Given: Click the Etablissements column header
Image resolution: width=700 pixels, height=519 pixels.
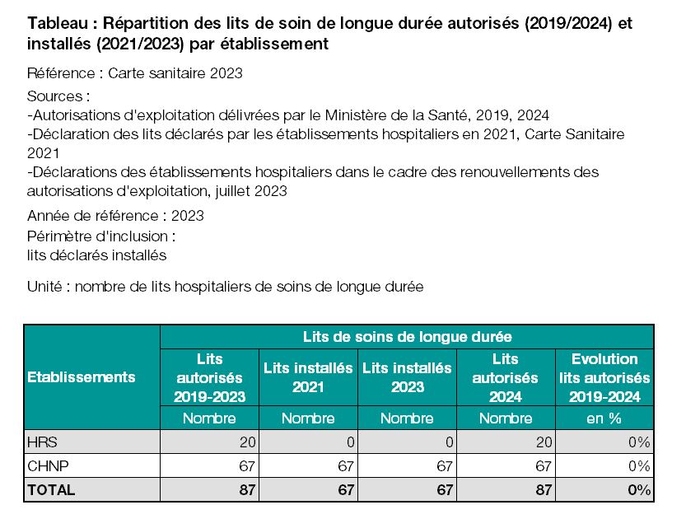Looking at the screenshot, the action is tap(82, 377).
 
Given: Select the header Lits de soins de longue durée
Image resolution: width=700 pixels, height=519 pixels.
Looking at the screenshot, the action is tap(407, 337).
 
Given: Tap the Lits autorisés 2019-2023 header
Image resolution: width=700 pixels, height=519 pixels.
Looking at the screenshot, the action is tap(209, 377).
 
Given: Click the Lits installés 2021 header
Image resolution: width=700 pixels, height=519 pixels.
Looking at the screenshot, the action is tap(308, 377).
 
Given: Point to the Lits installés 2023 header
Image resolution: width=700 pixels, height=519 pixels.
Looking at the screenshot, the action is tap(407, 377).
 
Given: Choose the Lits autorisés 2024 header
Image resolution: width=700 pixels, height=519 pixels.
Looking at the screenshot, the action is tap(506, 377).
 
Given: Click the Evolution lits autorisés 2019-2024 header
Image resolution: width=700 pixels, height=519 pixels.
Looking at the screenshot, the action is tap(604, 377).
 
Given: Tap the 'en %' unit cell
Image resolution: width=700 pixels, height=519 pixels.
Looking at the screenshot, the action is tap(604, 418).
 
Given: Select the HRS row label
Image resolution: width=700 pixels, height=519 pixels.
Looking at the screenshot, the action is tap(42, 442).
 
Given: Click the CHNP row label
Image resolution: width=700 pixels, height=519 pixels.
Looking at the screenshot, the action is tap(48, 466).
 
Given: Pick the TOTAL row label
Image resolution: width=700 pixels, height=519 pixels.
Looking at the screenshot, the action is tap(51, 490).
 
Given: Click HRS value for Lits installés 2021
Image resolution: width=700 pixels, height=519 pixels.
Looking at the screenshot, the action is tap(351, 442).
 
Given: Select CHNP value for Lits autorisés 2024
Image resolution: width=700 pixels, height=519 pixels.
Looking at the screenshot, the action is tap(544, 466).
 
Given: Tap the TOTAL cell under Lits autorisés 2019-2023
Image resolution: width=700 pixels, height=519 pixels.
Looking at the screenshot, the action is tap(247, 490).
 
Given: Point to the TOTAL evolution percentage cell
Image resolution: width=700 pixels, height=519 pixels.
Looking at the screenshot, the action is tap(639, 490).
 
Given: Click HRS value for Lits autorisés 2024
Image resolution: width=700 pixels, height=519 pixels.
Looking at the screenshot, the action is tap(544, 442).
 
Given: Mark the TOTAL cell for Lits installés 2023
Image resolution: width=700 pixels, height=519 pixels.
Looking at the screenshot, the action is tap(445, 490).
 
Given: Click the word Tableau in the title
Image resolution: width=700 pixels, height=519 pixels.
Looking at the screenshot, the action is tap(58, 23).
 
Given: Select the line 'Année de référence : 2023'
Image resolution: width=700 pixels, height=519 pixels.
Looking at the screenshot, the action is tap(115, 216).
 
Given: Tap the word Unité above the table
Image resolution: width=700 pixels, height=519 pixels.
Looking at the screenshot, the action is tap(44, 287).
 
